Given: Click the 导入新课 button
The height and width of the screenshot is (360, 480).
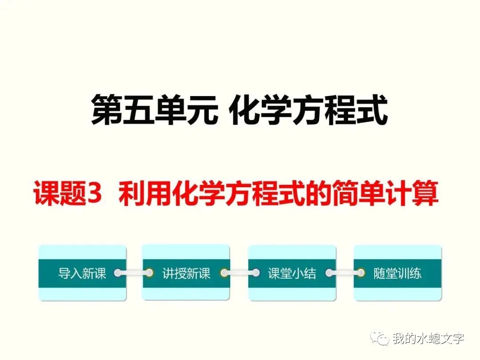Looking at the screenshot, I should coord(82,273).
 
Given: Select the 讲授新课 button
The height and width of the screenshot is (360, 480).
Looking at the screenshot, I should coord(186,273).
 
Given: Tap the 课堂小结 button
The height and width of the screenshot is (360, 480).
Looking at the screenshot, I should coord(292,273).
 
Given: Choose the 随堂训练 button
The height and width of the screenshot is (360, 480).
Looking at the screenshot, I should coord(397,273).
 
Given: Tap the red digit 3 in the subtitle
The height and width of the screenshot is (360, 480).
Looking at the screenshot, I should coord(96,196).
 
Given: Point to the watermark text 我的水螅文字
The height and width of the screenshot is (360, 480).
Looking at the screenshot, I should coord(428,339).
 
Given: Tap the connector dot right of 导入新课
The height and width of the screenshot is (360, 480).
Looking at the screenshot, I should coord(118,273).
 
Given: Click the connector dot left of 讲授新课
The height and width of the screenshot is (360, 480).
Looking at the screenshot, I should coord(149,273).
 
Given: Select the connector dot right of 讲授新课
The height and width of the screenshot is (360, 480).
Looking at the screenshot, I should coord(224,273).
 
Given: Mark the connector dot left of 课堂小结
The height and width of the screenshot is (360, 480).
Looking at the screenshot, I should coord(255,273).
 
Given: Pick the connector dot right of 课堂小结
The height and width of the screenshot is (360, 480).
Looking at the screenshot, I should coord(329,273).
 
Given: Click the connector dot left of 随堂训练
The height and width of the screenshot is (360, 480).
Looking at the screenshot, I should coord(360,273).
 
